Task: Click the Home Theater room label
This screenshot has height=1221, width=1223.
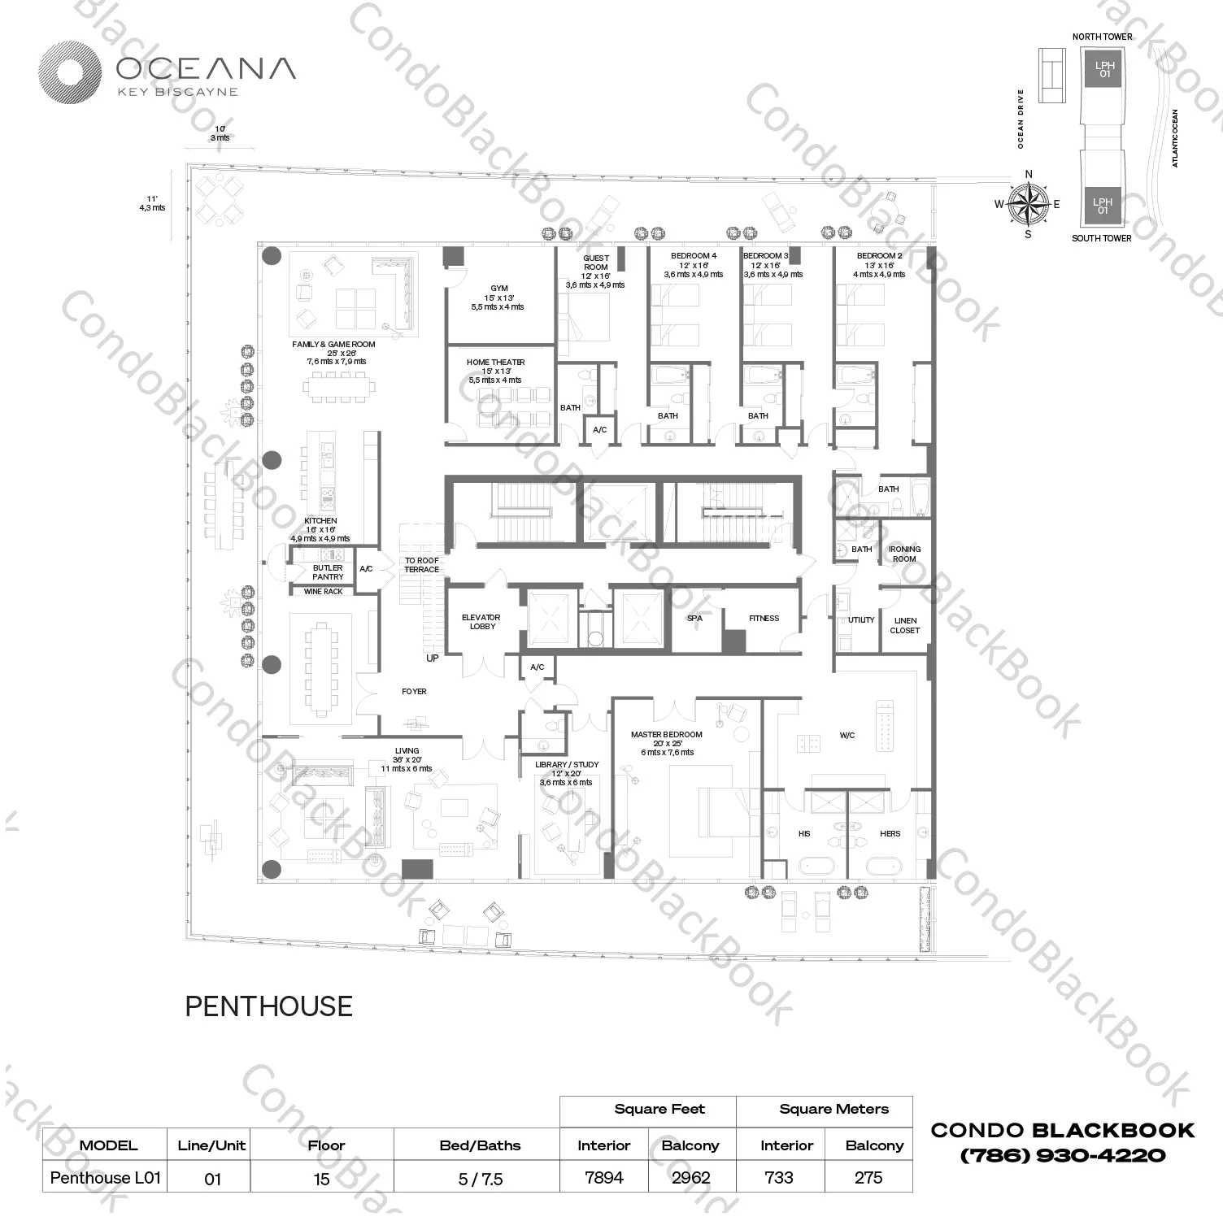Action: pos(495,363)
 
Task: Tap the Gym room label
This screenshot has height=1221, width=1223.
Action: pos(498,289)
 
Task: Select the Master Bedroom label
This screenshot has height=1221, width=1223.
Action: pos(666,735)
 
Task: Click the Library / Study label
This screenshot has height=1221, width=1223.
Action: pos(566,765)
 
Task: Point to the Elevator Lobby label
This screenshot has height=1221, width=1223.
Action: pos(481,622)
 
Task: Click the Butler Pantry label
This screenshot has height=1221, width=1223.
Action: pos(328,572)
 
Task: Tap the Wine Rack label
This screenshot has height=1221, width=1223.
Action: pos(323,592)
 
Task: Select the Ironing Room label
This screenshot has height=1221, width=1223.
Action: pos(904,554)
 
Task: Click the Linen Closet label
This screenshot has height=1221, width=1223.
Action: pos(904,625)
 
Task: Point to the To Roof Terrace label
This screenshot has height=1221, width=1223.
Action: pos(422,565)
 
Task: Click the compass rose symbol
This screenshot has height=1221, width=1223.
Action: pos(1028,204)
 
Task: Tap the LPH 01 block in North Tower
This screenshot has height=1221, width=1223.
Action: pos(1103,69)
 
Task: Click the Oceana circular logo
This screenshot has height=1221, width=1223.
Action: pos(70,73)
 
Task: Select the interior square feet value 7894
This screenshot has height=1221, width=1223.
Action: pos(604,1177)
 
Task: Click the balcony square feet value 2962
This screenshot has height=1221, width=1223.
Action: pos(690,1177)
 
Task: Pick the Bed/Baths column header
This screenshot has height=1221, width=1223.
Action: pos(480,1145)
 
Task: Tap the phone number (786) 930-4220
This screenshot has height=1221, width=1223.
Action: pos(1063,1155)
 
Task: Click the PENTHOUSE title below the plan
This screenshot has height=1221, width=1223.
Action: pos(268,1006)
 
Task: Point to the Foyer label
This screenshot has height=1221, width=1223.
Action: pos(414,692)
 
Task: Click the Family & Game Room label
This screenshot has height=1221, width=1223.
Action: pos(333,345)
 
